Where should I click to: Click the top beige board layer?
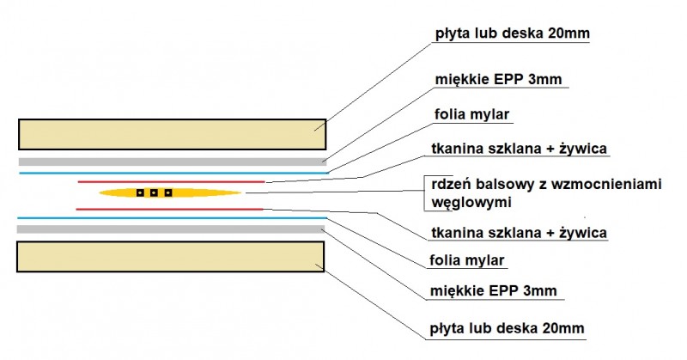click(x=173, y=134)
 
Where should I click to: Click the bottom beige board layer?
click(x=170, y=257)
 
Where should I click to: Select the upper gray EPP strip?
click(x=173, y=162)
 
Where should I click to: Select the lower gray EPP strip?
click(x=171, y=229)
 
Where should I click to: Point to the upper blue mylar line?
click(x=174, y=174)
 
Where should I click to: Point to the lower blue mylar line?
click(x=173, y=218)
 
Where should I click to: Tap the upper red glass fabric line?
click(x=171, y=181)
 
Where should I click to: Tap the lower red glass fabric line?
click(x=169, y=209)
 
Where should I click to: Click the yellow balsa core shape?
click(x=170, y=192)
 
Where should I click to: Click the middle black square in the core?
click(x=154, y=192)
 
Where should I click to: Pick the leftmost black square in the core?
click(x=140, y=192)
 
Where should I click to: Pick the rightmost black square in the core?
click(x=167, y=192)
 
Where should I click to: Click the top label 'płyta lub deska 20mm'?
click(x=512, y=34)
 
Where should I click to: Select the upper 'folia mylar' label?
click(x=471, y=114)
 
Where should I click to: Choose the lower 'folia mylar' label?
click(x=467, y=260)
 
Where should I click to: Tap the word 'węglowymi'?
click(x=471, y=203)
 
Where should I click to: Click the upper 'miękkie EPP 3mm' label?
click(x=498, y=79)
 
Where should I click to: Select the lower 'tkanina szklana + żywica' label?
click(x=519, y=232)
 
